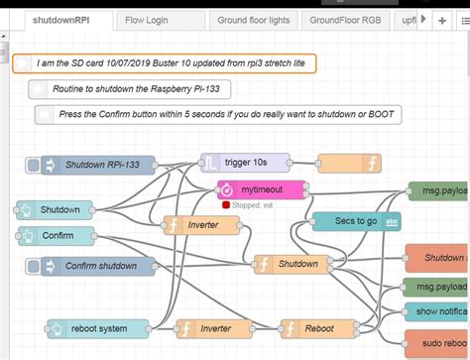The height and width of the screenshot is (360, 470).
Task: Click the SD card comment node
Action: tap(166, 62)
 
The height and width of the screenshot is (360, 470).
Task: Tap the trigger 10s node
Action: tap(245, 162)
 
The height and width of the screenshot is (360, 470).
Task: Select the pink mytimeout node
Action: tap(260, 187)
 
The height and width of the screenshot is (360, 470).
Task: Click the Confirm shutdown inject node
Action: tap(99, 266)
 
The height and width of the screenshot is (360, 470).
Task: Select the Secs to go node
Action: tap(357, 221)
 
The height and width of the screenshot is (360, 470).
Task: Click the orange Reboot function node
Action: tap(316, 328)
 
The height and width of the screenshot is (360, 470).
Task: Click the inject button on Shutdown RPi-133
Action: tap(34, 165)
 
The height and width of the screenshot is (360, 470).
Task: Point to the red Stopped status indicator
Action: tap(227, 205)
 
